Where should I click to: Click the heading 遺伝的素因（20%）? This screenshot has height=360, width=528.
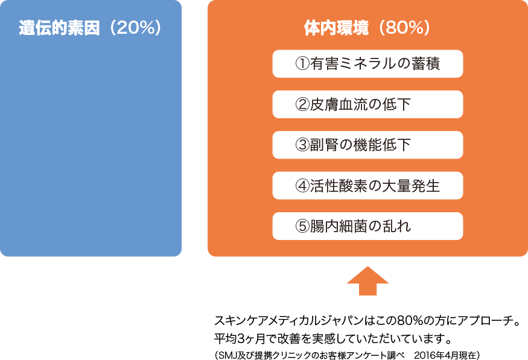(91, 28)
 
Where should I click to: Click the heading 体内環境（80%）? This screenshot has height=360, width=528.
(367, 28)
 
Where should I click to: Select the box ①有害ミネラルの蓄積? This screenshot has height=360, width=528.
(367, 64)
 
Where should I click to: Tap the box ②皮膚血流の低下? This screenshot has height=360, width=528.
(367, 104)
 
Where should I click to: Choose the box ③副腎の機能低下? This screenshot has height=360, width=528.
(367, 145)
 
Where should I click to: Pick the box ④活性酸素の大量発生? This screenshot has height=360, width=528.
(367, 186)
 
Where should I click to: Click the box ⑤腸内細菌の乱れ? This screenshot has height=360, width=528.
(367, 226)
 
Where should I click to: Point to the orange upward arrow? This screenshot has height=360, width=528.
(368, 280)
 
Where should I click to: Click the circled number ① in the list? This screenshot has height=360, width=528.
(302, 64)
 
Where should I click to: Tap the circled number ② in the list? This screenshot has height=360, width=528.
(302, 104)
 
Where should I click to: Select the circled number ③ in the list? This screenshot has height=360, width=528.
(302, 145)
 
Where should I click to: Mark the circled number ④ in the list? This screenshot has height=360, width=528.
(302, 186)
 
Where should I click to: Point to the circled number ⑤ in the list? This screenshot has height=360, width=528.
(302, 226)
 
